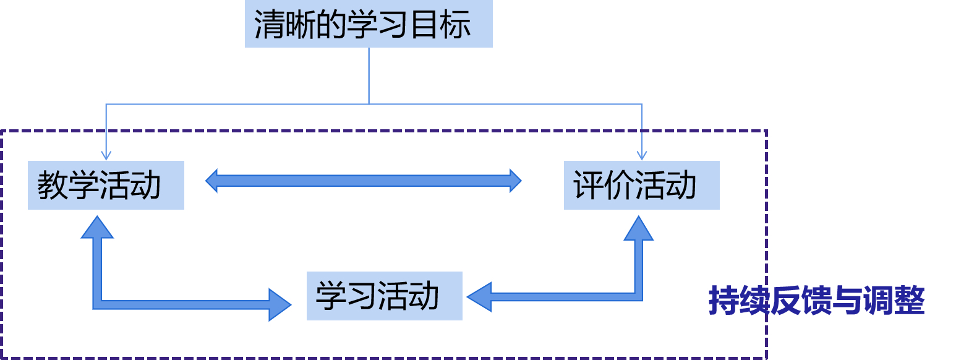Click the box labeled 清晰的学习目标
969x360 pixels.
(x=369, y=24)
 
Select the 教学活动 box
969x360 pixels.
(x=106, y=185)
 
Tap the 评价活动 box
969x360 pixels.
(x=641, y=185)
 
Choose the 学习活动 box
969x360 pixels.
(x=384, y=296)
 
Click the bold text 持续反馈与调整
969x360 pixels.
(x=816, y=301)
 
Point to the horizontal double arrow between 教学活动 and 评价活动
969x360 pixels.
(x=364, y=181)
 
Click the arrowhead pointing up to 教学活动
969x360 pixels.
(x=97, y=227)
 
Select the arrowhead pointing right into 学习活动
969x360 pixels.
(x=280, y=304)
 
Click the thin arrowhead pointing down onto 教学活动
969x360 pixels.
(x=106, y=155)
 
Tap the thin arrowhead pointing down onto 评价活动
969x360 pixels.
(x=642, y=155)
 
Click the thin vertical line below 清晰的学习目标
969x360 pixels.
(x=369, y=74)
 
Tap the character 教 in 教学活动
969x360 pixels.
(x=53, y=186)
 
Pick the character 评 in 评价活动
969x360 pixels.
(x=589, y=186)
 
